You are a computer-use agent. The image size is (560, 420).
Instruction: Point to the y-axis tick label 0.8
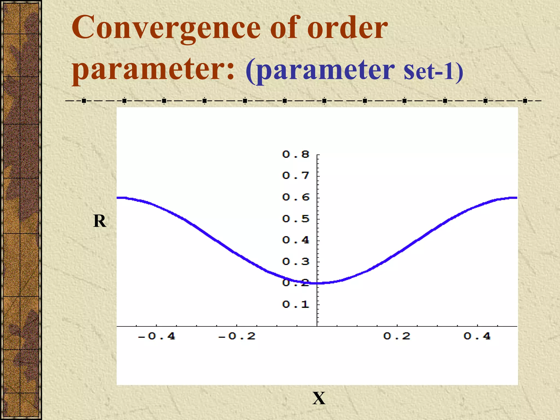tap(296, 154)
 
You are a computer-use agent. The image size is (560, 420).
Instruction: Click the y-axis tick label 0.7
tap(296, 176)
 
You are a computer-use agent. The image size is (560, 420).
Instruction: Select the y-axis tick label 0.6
tap(296, 197)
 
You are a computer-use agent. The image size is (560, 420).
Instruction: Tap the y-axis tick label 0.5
tap(296, 219)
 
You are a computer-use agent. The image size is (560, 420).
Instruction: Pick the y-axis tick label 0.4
tap(296, 240)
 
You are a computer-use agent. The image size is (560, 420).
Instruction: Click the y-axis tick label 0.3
tap(296, 262)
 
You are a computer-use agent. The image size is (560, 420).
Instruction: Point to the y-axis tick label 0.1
tap(296, 304)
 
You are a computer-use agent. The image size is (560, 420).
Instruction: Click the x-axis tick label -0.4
tap(156, 336)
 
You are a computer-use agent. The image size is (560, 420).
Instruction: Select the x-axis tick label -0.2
tap(237, 336)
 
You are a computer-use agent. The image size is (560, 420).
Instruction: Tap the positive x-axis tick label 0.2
tap(397, 336)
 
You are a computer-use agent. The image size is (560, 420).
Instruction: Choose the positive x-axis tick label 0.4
tap(477, 336)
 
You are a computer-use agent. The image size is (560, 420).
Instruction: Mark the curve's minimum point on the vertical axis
tap(317, 283)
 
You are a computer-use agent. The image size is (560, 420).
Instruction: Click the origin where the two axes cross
tap(317, 326)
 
